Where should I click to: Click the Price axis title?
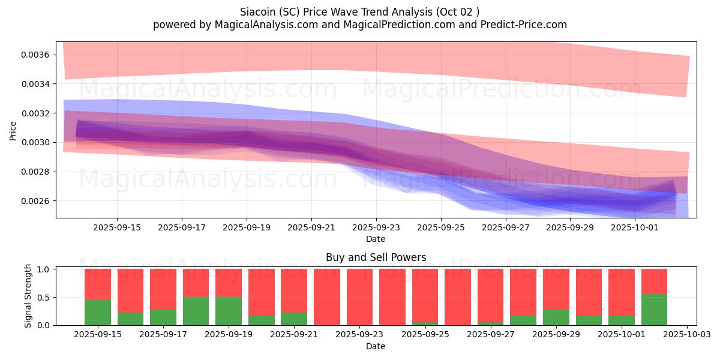point(13,130)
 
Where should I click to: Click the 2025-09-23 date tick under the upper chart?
point(376,228)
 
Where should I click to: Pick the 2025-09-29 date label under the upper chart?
point(571,228)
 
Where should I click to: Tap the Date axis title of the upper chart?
point(376,239)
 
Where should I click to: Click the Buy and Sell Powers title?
point(376,257)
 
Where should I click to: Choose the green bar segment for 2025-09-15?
point(98,313)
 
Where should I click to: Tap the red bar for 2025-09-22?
point(326,297)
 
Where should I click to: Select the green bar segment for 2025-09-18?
point(196,311)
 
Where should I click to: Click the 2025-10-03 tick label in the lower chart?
point(686,335)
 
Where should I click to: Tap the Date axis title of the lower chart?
point(376,346)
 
